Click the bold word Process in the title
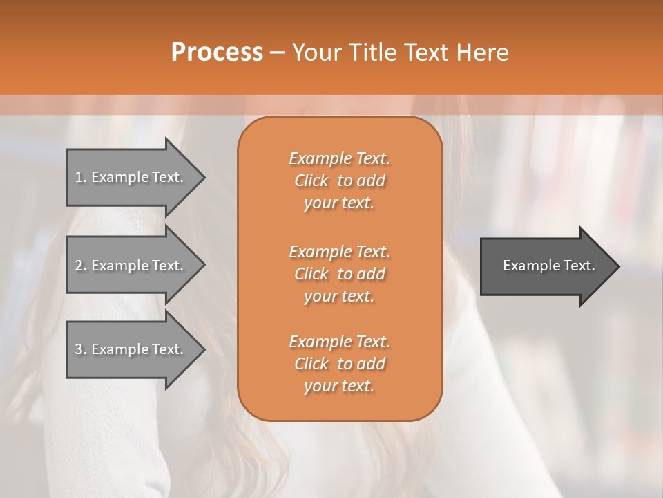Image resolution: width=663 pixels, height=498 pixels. [217, 53]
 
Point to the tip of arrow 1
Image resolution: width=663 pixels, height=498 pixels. [203, 177]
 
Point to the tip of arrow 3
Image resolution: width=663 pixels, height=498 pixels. [203, 349]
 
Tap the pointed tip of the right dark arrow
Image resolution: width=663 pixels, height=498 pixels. [617, 266]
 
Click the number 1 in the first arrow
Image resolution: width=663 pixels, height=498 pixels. [79, 177]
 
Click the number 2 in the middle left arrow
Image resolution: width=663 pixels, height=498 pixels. [79, 266]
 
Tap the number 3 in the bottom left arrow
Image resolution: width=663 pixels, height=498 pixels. [79, 349]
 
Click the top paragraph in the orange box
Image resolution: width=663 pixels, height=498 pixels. [339, 181]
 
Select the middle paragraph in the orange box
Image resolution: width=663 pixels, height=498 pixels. [339, 274]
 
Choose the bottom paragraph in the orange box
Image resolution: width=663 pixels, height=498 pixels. [339, 364]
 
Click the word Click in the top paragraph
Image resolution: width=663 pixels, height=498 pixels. [311, 181]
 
